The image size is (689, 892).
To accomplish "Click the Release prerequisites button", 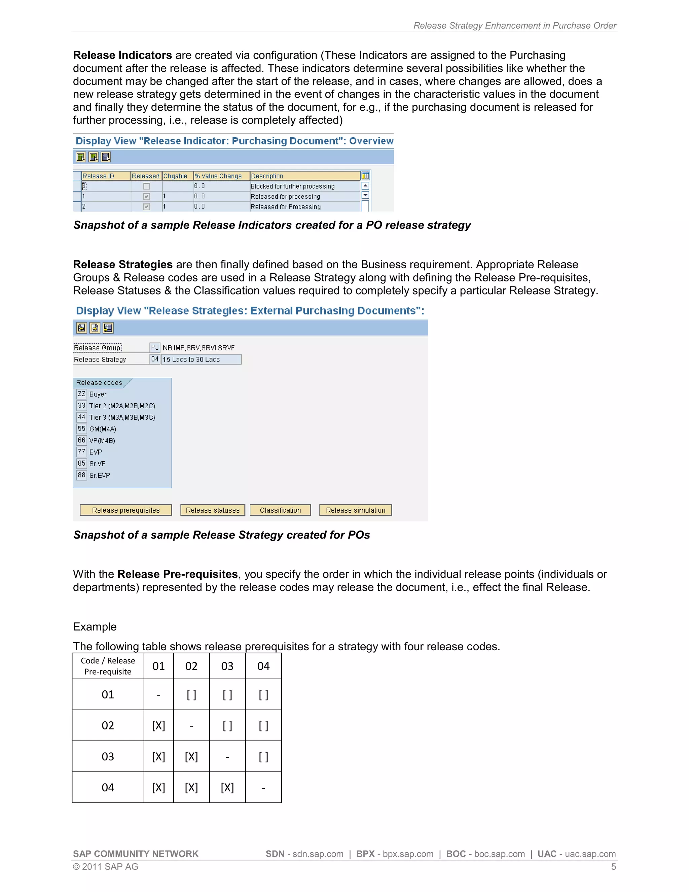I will pyautogui.click(x=126, y=510).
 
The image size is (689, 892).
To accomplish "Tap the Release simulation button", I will pyautogui.click(x=355, y=510).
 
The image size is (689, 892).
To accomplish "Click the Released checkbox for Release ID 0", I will pyautogui.click(x=147, y=186).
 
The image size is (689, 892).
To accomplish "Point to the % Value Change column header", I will pyautogui.click(x=218, y=176).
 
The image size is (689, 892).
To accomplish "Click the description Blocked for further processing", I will pyautogui.click(x=292, y=186).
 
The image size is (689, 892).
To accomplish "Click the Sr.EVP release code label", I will pyautogui.click(x=100, y=475).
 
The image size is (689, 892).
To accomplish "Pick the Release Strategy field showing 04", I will pyautogui.click(x=155, y=359).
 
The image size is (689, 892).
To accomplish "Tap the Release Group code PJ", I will pyautogui.click(x=155, y=348).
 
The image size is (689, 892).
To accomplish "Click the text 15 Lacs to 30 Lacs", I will pyautogui.click(x=191, y=359).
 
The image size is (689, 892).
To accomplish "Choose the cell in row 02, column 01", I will pyautogui.click(x=158, y=726).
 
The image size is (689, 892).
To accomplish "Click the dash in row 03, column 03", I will pyautogui.click(x=227, y=757).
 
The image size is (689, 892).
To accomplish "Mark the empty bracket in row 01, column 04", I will pyautogui.click(x=263, y=695).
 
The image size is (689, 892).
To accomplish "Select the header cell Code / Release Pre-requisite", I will pyautogui.click(x=108, y=666).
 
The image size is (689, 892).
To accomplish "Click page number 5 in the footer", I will pyautogui.click(x=613, y=867).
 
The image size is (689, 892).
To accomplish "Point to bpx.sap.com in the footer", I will pyautogui.click(x=408, y=854).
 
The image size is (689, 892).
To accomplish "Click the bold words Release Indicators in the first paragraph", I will pyautogui.click(x=122, y=55).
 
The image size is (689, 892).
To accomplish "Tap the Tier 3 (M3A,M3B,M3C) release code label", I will pyautogui.click(x=122, y=417).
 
